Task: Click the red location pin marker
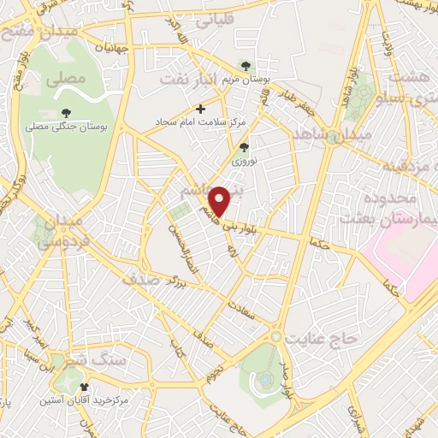(220, 200)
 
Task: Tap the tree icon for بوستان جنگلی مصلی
(66, 111)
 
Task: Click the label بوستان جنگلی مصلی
(66, 126)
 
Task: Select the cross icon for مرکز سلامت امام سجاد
(201, 109)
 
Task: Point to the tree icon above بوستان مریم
(246, 65)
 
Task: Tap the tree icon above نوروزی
(243, 146)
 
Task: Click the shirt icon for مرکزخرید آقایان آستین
(82, 387)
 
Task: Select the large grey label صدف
(141, 279)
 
